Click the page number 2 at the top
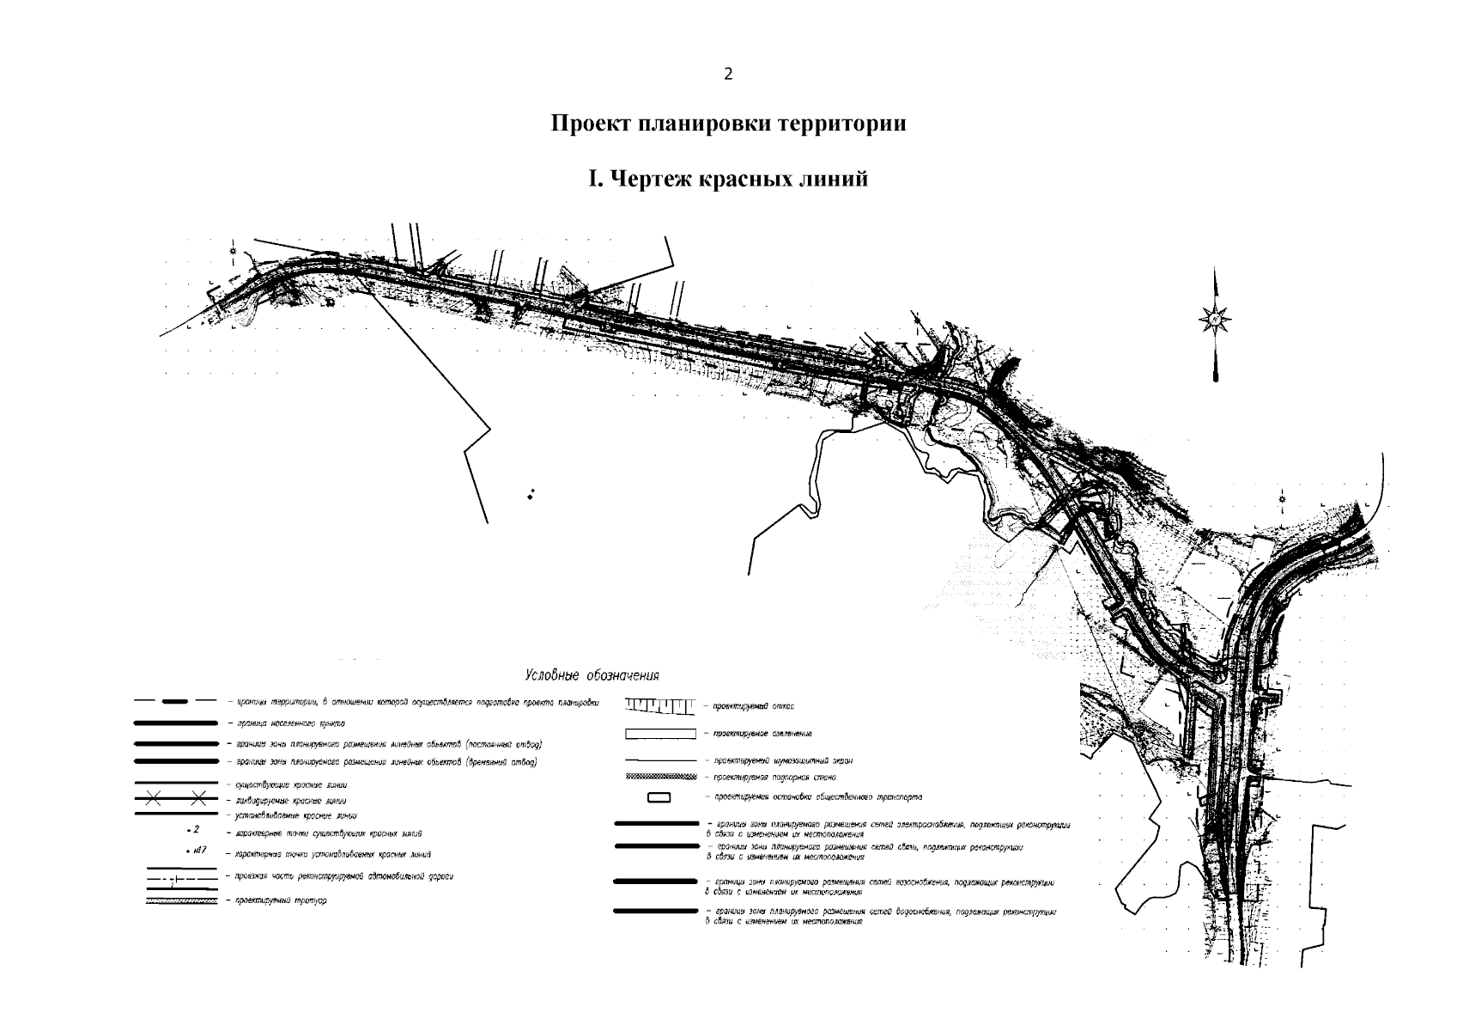728,74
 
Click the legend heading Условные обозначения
592,675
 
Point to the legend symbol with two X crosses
176,799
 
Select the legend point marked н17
196,851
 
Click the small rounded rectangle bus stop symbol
659,798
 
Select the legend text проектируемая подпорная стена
768,777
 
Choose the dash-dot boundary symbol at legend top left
176,702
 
